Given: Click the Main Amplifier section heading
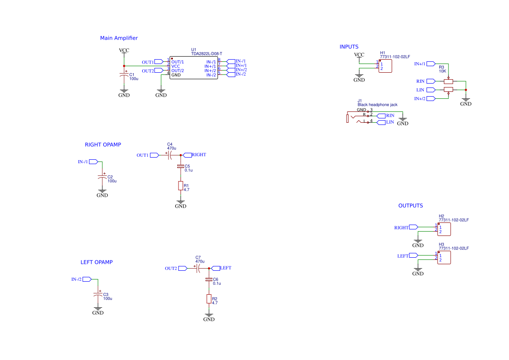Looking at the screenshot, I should click(x=119, y=38).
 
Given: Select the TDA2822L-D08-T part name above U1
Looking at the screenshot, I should click(x=206, y=54).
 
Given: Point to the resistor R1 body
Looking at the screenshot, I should click(x=181, y=186).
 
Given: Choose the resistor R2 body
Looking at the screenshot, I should click(x=209, y=299).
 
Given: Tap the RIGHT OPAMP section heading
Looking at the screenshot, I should click(x=103, y=145).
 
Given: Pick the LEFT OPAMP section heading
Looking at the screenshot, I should click(x=96, y=262).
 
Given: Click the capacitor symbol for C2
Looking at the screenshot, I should click(x=102, y=178).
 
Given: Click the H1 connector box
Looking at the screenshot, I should click(x=385, y=66).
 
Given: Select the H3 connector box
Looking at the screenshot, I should click(x=444, y=257).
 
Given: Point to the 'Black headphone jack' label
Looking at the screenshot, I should click(x=378, y=105).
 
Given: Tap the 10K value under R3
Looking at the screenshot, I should click(x=442, y=71).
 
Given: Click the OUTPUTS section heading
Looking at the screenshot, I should click(x=410, y=206).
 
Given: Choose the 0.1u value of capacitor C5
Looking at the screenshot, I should click(x=189, y=170).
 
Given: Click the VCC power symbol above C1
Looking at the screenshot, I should click(x=124, y=51).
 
